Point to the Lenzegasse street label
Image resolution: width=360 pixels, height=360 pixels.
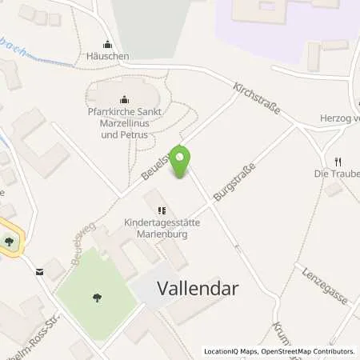325,286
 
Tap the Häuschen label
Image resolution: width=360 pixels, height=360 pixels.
109,58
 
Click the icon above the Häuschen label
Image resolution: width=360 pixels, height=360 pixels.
109,45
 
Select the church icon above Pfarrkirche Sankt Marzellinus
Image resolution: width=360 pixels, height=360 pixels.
123,100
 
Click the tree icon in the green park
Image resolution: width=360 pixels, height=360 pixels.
97,298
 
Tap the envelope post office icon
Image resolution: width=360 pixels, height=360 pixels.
38,271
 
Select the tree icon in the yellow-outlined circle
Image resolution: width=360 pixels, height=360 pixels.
9,241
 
